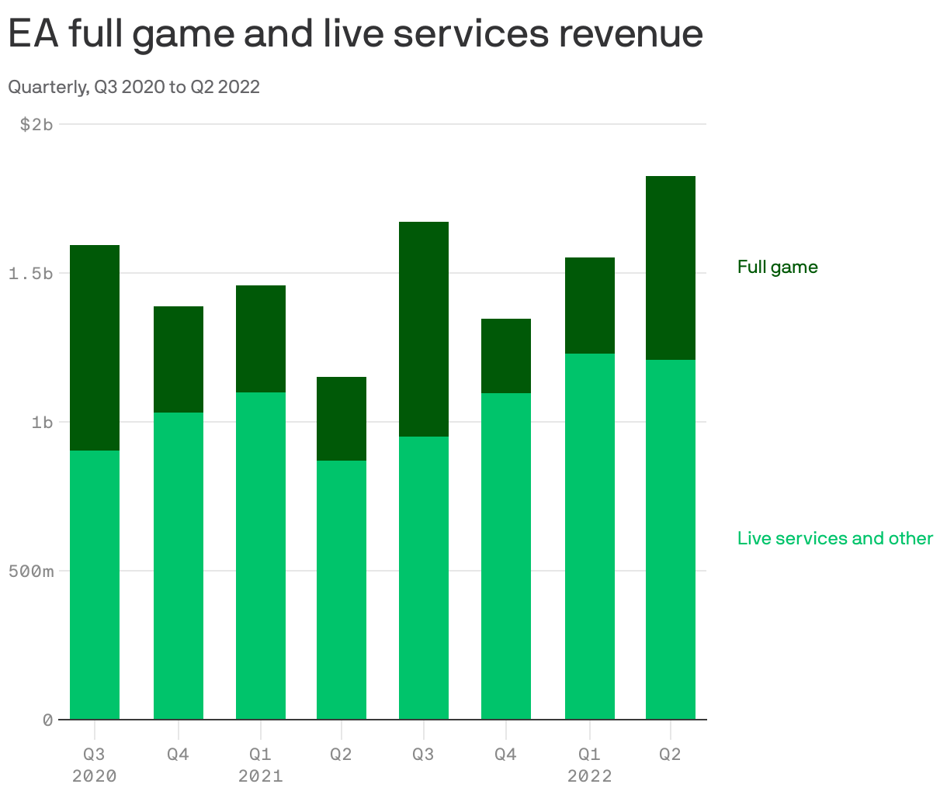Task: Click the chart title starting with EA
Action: coord(356,33)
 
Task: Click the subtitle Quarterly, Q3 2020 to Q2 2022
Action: coord(134,87)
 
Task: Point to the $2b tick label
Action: coord(36,124)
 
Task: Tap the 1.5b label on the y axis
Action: coord(31,273)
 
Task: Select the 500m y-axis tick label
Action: coord(31,572)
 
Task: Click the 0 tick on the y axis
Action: coord(47,720)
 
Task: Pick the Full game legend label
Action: coord(777,267)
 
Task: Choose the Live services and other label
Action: coord(834,538)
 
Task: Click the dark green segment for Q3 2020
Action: coord(95,347)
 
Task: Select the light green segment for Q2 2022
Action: coord(671,539)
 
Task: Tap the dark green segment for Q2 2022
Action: coord(671,268)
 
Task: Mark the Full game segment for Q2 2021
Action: coord(342,419)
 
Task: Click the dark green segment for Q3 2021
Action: coord(424,329)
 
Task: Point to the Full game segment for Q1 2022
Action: coord(590,306)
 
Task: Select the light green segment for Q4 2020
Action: coord(179,566)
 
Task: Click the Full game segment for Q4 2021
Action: coord(506,356)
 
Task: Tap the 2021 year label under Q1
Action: coord(261,775)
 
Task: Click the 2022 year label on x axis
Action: coord(590,775)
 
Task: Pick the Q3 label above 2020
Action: coord(95,754)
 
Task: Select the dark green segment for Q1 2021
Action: coord(261,339)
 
